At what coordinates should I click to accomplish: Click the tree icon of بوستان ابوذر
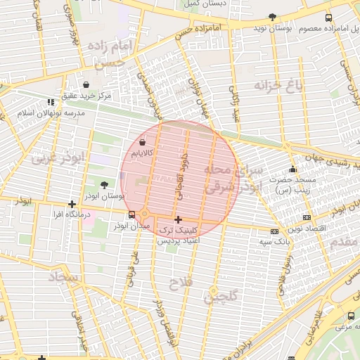(105, 185)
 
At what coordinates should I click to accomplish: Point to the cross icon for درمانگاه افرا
(72, 204)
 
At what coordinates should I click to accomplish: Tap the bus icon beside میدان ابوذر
(131, 215)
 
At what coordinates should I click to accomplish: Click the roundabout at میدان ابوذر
(145, 214)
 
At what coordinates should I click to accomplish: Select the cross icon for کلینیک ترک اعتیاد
(178, 219)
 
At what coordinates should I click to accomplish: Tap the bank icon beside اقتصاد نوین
(307, 218)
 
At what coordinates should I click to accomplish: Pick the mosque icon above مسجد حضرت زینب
(292, 169)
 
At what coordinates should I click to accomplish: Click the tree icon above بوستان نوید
(272, 18)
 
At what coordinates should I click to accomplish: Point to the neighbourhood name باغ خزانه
(277, 87)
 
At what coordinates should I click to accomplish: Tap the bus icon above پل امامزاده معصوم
(329, 18)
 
